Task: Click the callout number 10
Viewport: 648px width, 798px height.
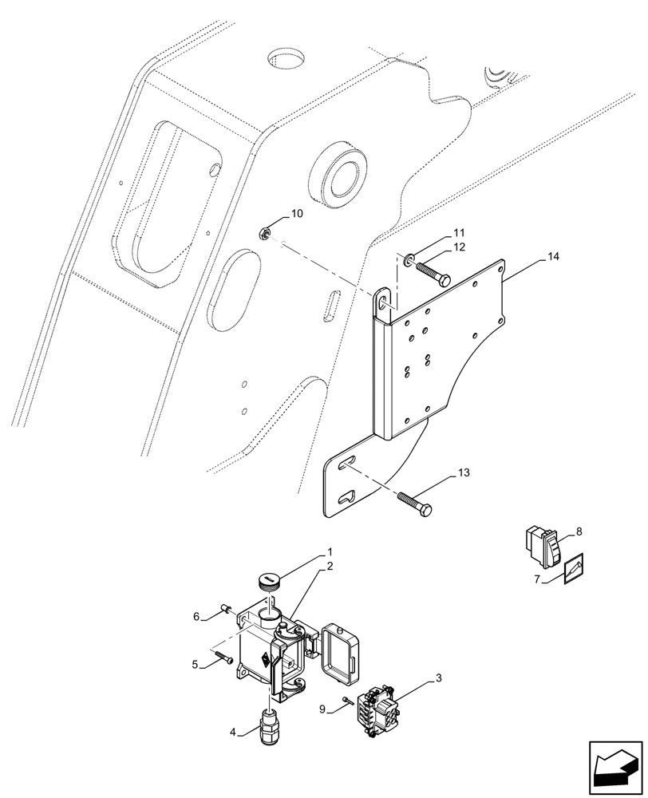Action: (296, 213)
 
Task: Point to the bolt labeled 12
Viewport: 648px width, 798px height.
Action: (432, 275)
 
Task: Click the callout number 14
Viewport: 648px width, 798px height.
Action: (554, 256)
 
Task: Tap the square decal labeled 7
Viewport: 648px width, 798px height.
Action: (573, 569)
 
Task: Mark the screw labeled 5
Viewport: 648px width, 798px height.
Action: (223, 659)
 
